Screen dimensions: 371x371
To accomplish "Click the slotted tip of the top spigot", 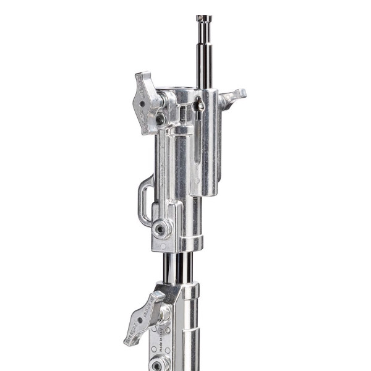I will (x=204, y=19).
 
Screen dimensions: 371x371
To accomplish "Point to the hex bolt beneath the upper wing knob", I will (x=160, y=119).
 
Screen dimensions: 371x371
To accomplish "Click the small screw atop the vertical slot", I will (x=199, y=106).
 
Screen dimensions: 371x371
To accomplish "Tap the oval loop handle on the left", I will (x=145, y=198).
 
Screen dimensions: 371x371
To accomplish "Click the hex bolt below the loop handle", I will (x=162, y=229).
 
